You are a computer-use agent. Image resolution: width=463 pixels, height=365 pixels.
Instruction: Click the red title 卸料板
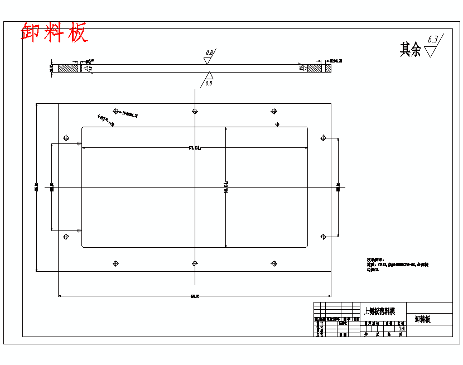tap(54, 33)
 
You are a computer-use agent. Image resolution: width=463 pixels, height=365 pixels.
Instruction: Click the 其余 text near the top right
tap(410, 50)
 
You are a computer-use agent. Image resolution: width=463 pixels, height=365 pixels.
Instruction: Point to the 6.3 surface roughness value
tap(433, 40)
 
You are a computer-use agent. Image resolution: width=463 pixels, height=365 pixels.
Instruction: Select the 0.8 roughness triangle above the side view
tap(208, 60)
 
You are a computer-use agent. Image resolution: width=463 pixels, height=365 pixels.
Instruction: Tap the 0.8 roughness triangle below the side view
tap(209, 76)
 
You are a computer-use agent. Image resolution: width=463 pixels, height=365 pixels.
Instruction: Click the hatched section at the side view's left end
tap(68, 68)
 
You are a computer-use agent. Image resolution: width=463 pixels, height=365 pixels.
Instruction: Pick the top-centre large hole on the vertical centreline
tap(195, 111)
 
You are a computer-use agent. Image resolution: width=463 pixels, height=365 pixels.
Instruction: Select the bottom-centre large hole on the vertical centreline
tap(195, 263)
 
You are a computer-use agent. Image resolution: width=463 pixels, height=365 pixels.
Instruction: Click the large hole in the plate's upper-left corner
tap(66, 137)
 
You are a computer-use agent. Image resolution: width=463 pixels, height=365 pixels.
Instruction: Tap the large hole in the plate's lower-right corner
tap(323, 237)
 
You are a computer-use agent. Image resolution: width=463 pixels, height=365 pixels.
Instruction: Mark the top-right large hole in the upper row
tap(273, 111)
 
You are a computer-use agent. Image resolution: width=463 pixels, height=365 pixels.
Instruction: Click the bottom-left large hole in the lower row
tap(116, 263)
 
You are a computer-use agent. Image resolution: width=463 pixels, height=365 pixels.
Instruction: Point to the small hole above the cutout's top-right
tap(277, 124)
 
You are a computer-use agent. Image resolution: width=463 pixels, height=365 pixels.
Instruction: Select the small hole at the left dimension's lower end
tap(79, 230)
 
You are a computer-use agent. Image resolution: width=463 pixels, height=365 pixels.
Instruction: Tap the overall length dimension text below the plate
tap(195, 296)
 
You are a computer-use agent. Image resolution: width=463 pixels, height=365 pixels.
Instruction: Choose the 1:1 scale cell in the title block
tap(401, 329)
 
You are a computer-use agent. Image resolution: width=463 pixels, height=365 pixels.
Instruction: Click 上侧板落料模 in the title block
tap(379, 310)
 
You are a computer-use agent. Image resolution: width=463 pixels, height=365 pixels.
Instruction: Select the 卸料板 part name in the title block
tap(423, 320)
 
